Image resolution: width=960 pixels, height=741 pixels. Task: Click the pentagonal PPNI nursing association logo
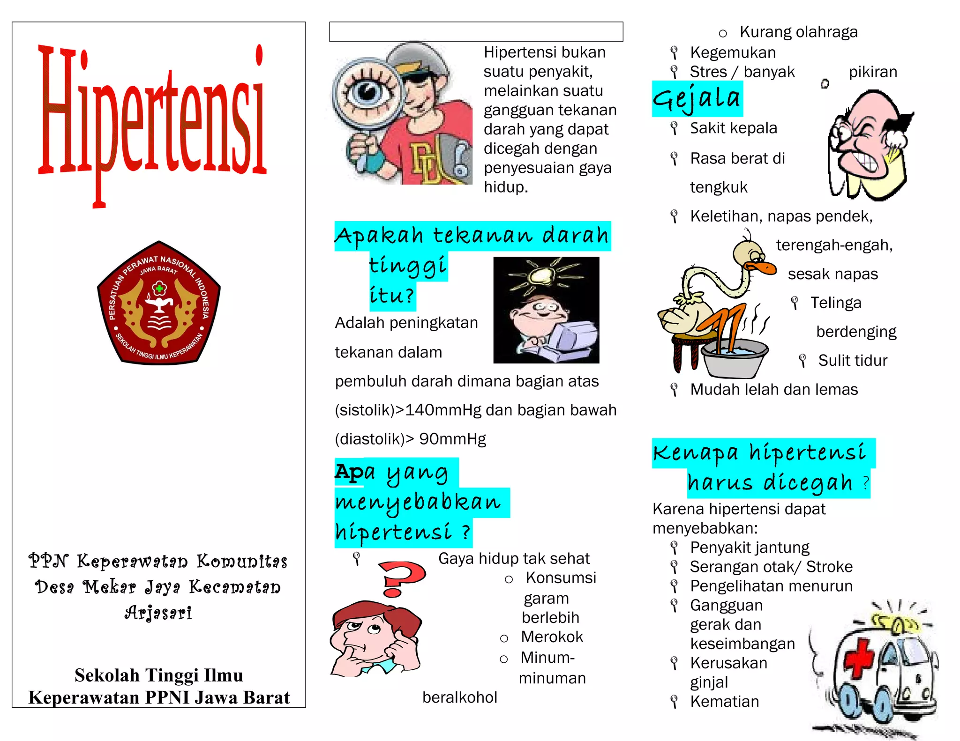pyautogui.click(x=159, y=303)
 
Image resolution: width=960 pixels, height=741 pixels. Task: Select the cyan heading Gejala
pyautogui.click(x=697, y=99)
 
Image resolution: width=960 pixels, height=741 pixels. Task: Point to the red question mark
pyautogui.click(x=401, y=578)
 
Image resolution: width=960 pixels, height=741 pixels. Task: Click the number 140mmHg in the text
pyautogui.click(x=443, y=410)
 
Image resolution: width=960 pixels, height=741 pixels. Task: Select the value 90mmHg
pyautogui.click(x=452, y=439)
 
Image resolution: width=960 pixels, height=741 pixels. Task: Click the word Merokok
pyautogui.click(x=552, y=637)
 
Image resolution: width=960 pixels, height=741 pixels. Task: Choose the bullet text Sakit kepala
pyautogui.click(x=733, y=128)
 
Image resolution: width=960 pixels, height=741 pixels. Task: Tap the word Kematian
pyautogui.click(x=724, y=702)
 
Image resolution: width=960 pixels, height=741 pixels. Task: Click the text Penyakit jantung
pyautogui.click(x=750, y=548)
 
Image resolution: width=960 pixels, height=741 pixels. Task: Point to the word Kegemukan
pyautogui.click(x=733, y=52)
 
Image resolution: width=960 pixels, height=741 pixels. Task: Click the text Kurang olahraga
pyautogui.click(x=798, y=32)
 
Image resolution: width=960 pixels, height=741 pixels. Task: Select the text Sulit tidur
pyautogui.click(x=853, y=361)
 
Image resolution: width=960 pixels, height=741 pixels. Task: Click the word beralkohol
pyautogui.click(x=459, y=697)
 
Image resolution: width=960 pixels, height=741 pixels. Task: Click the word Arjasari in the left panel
pyautogui.click(x=158, y=613)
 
